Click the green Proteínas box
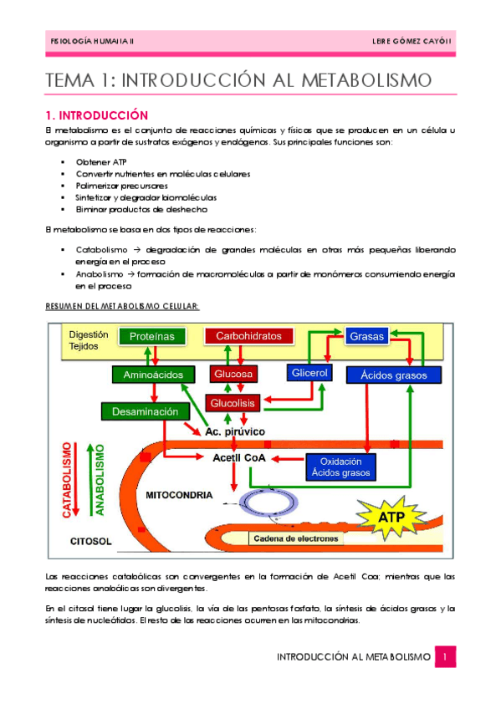(x=151, y=336)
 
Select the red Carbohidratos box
(x=248, y=336)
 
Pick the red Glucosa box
(x=233, y=375)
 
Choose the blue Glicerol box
(x=309, y=371)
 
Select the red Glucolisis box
(x=233, y=403)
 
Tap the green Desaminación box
(x=141, y=411)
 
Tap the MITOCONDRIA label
(x=180, y=495)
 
